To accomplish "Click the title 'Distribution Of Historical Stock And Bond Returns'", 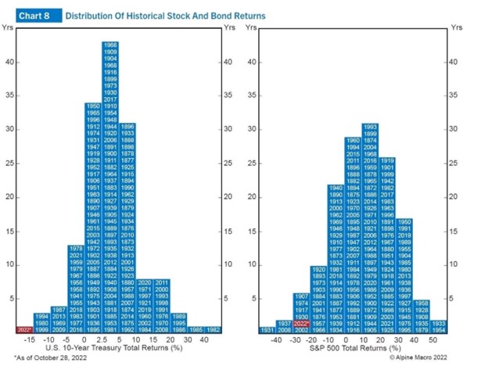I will (x=165, y=15).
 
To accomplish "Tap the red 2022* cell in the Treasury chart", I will (x=24, y=330).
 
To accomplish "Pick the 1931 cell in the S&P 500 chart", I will (x=267, y=330).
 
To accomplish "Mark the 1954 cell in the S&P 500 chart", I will (x=439, y=330).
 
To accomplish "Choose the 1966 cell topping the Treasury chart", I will (x=110, y=45).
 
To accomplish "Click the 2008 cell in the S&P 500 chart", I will (x=285, y=330).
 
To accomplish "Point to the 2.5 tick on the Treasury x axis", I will (x=110, y=340).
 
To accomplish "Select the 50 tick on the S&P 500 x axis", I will (x=430, y=340).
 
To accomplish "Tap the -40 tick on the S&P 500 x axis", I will (x=275, y=340).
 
